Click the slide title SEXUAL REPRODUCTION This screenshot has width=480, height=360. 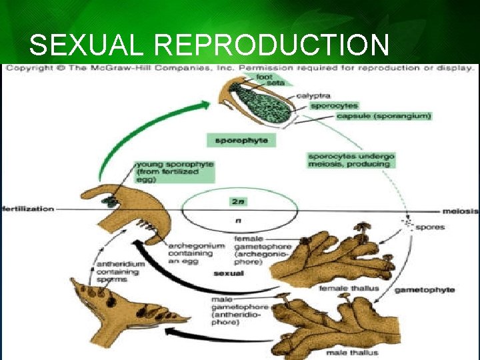(209, 45)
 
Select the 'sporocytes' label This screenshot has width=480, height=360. (334, 105)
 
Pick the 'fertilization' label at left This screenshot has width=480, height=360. (27, 209)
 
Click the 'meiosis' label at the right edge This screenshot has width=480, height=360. (462, 211)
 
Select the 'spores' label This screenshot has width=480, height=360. (430, 227)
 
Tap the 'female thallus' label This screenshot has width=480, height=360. (340, 289)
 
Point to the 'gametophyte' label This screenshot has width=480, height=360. (425, 290)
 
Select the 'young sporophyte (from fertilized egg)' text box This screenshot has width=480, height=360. (175, 172)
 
